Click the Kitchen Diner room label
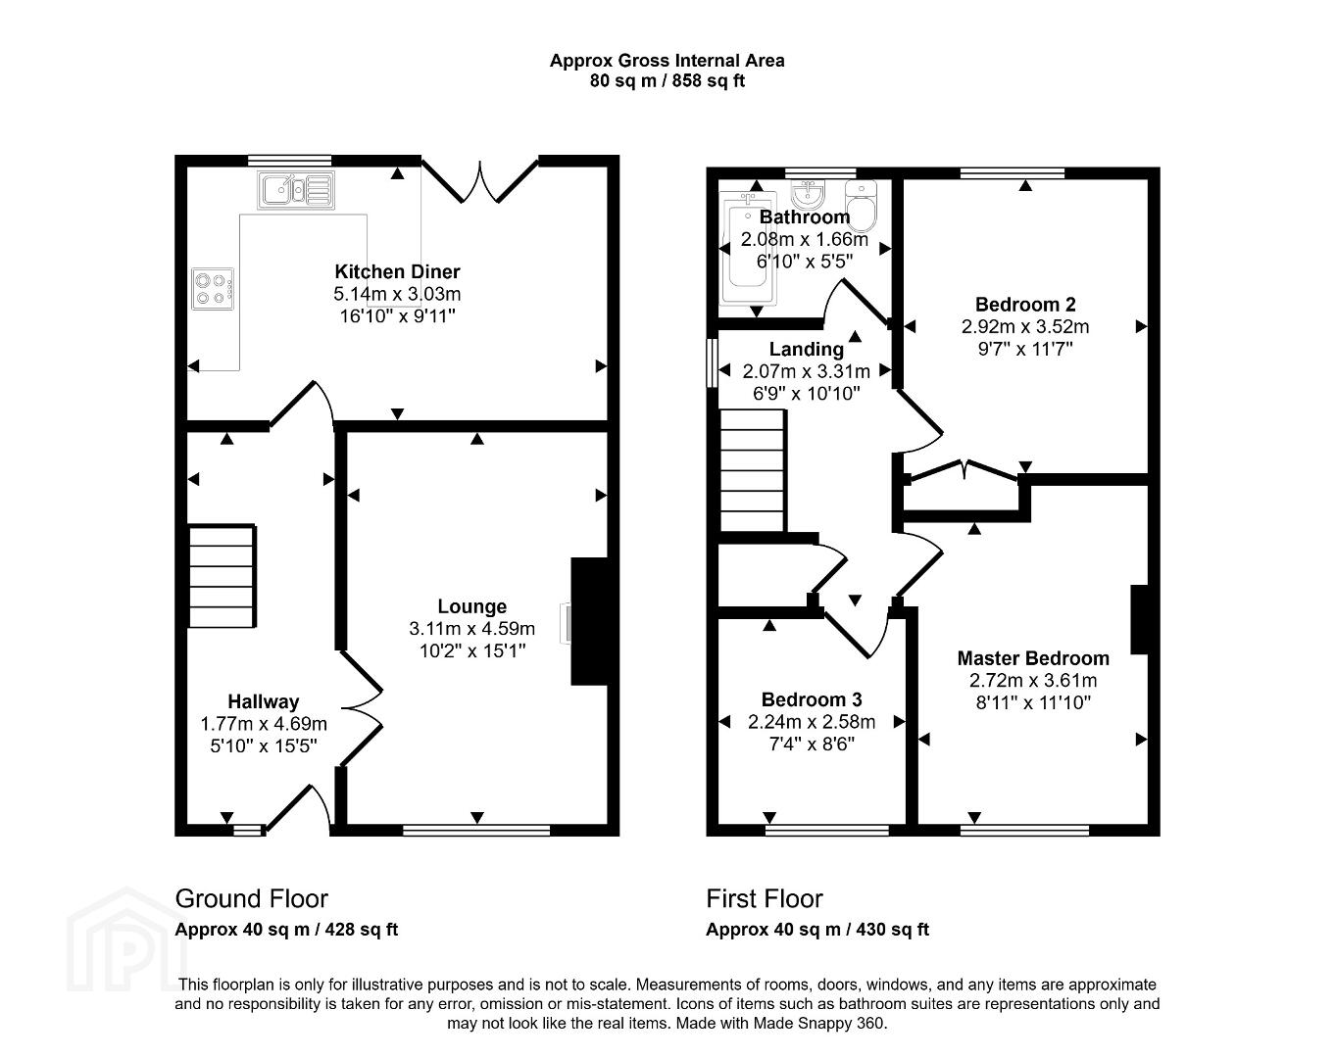(397, 271)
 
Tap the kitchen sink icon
(297, 189)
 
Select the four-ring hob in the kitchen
(213, 289)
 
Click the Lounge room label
(472, 605)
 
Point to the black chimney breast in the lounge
(589, 621)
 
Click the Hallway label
(264, 701)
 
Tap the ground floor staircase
(222, 577)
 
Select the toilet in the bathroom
(861, 206)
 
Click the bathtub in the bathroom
(748, 248)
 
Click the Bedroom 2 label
(1025, 305)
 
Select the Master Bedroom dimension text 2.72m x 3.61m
(1033, 680)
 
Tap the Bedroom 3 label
(812, 699)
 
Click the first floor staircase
(753, 470)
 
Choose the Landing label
(807, 349)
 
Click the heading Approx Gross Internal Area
(667, 61)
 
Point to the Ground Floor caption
(251, 898)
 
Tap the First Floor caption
(765, 898)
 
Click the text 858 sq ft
(709, 81)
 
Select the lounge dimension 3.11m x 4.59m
(472, 628)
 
